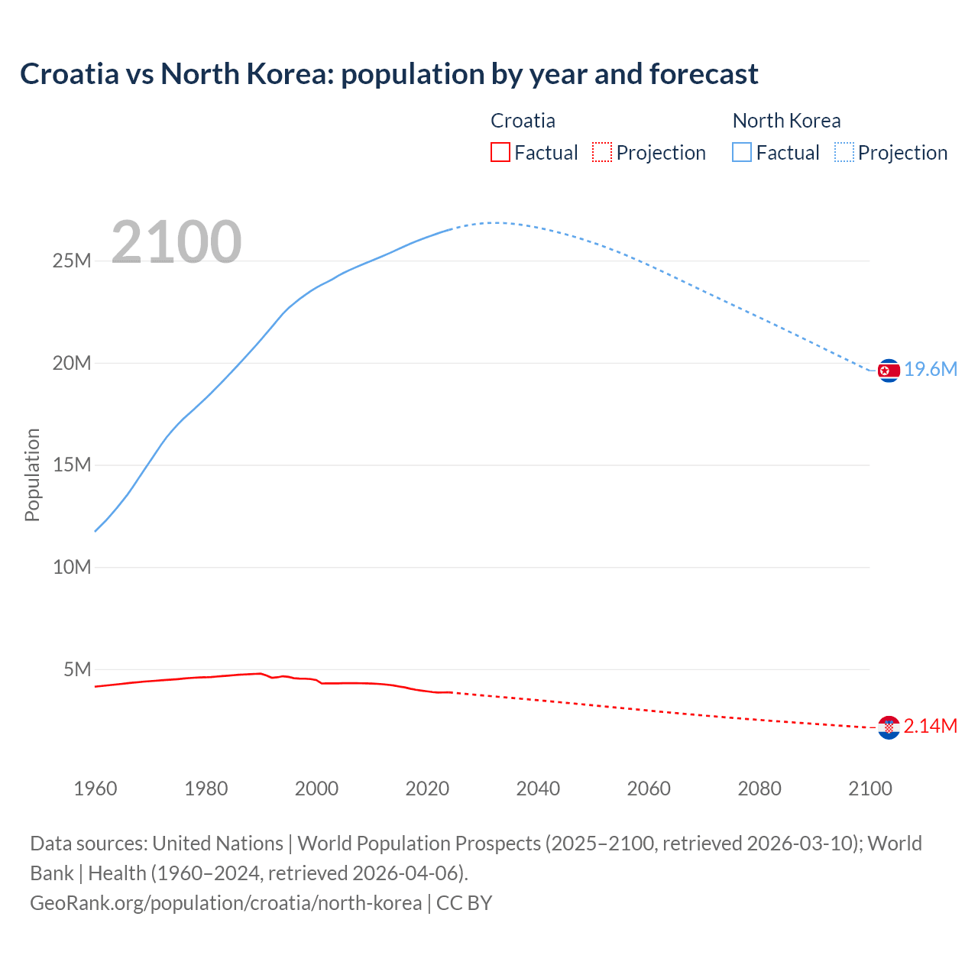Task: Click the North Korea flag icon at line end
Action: (889, 371)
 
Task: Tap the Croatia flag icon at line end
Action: (889, 727)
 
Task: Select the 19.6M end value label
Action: (931, 370)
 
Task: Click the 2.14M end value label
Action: (931, 726)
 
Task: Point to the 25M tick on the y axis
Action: (71, 261)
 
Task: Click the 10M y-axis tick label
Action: (71, 567)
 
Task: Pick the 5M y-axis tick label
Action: (77, 669)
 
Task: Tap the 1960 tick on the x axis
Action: (96, 789)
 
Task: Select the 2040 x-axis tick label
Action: (538, 789)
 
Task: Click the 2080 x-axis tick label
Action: (759, 789)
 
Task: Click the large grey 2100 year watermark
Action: (176, 242)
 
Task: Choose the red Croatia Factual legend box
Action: (500, 152)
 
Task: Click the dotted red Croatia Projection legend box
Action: (602, 152)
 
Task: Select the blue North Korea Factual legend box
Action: (741, 152)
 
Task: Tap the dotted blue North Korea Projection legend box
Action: (844, 152)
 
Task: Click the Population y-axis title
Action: (32, 474)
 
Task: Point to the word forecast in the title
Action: (704, 74)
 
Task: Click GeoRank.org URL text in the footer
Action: (225, 902)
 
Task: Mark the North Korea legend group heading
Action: (786, 121)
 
